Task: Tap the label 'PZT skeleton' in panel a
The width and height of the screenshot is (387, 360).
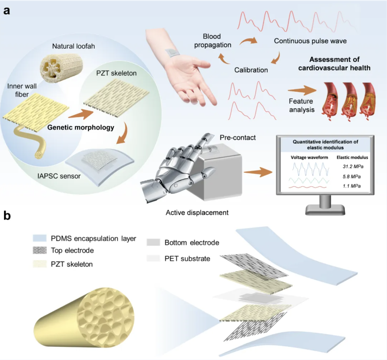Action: [116, 73]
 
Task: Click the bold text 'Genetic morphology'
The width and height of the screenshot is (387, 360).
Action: [80, 127]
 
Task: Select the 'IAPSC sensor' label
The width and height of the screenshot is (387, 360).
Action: [59, 176]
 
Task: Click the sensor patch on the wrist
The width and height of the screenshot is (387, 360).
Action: [172, 52]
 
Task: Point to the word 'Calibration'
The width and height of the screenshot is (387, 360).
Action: [251, 70]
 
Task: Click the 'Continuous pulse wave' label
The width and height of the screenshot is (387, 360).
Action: [310, 41]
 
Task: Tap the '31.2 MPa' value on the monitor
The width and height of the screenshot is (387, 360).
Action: [353, 166]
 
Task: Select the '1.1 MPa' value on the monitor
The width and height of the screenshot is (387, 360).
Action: [352, 186]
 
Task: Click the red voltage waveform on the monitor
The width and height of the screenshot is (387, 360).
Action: [307, 187]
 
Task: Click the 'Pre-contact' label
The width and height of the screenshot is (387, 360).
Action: [237, 138]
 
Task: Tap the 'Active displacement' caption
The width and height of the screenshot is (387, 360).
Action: [197, 213]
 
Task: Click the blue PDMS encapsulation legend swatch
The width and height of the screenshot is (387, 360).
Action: [40, 238]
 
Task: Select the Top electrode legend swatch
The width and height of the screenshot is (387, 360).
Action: [40, 250]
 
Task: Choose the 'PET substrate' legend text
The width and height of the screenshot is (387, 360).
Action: [187, 258]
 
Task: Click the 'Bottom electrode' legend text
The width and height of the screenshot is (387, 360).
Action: [192, 243]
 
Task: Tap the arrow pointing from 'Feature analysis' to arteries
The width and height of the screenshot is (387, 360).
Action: [302, 90]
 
